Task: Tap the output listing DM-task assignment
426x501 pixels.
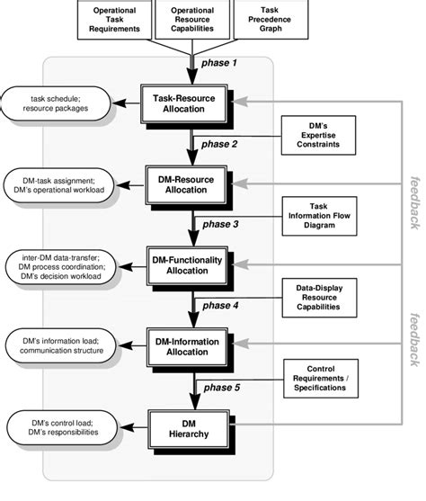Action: pyautogui.click(x=57, y=183)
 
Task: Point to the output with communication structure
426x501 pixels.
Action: pyautogui.click(x=57, y=344)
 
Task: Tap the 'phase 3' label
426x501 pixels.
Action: pyautogui.click(x=222, y=225)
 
